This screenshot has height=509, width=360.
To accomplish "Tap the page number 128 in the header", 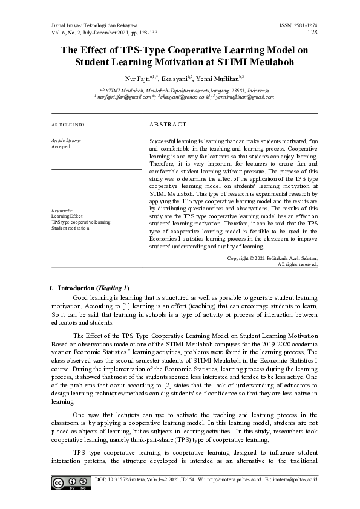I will coord(313,31).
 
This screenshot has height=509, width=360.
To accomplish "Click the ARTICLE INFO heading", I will coord(68,125).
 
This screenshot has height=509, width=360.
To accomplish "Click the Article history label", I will coord(66,140).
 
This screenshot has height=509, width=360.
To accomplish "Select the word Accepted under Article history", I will coord(61,146).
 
